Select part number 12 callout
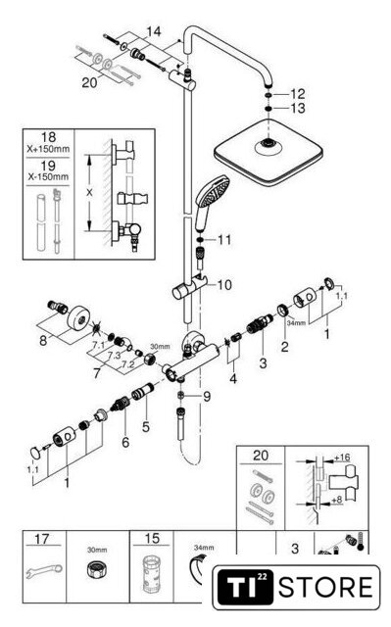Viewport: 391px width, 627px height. [298, 94]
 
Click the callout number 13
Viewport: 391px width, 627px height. [298, 108]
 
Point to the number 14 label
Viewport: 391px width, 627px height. [154, 31]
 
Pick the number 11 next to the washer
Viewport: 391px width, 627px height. [224, 240]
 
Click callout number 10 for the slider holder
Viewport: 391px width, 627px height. [224, 285]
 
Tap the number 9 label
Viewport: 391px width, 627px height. [207, 397]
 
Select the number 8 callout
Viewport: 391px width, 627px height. [43, 341]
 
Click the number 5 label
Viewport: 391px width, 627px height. [146, 427]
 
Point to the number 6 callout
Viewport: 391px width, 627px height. [125, 442]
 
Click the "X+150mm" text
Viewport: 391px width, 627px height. [48, 150]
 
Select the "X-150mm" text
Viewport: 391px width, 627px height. [48, 176]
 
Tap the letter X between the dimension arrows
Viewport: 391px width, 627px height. [89, 193]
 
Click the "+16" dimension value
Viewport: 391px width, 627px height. [342, 458]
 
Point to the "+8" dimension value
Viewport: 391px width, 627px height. [337, 500]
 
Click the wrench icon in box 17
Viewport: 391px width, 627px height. [44, 572]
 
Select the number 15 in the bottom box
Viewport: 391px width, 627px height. [152, 538]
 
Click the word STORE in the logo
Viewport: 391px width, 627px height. [326, 587]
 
